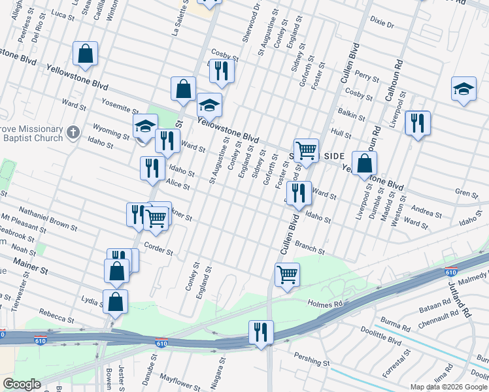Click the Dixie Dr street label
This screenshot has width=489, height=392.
tap(382, 25)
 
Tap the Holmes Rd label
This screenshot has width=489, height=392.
tap(325, 304)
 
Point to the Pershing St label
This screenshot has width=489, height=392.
tap(312, 361)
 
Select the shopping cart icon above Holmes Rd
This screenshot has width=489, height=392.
tap(287, 274)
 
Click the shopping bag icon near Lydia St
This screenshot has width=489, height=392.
tap(115, 302)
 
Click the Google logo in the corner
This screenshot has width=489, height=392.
tap(22, 384)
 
